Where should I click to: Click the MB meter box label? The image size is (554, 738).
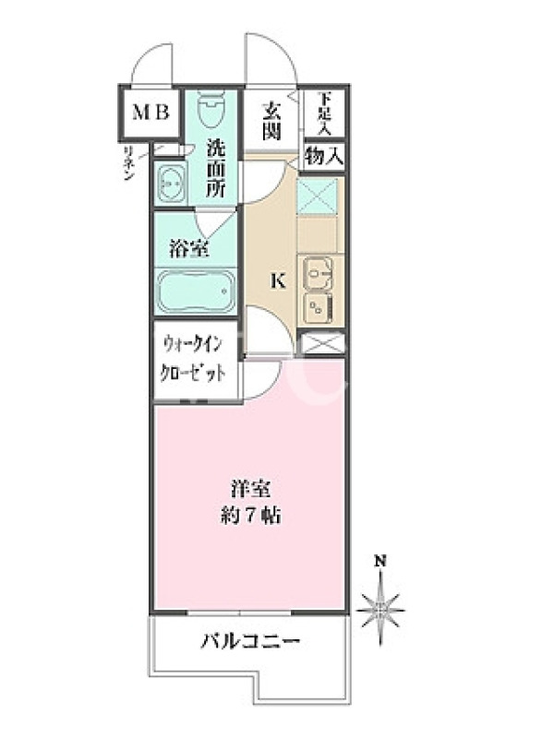(x=151, y=113)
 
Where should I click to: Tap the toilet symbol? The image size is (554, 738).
(x=211, y=109)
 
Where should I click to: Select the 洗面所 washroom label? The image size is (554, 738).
(x=217, y=169)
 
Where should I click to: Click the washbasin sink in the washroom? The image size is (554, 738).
(x=170, y=182)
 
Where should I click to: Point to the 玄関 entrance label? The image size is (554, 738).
(x=271, y=123)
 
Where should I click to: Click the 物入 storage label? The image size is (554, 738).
(x=323, y=156)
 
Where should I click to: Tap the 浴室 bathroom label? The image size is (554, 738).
(x=189, y=249)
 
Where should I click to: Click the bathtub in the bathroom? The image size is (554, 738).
(x=196, y=292)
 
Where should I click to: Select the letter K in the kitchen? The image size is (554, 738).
(x=278, y=281)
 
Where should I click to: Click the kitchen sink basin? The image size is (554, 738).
(x=318, y=273)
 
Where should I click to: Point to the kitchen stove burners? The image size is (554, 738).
(x=319, y=307)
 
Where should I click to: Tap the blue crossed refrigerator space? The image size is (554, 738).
(x=317, y=196)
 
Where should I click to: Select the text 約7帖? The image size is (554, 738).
(x=250, y=516)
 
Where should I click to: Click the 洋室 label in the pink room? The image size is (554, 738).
(x=250, y=490)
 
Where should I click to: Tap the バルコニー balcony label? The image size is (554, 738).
(x=250, y=641)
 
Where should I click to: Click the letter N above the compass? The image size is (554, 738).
(x=380, y=561)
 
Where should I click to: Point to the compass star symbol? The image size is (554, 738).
(x=380, y=607)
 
